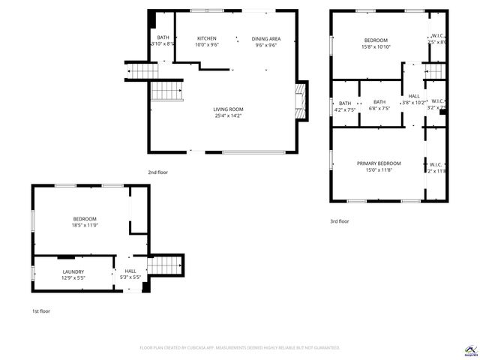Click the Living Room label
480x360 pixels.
click(228, 109)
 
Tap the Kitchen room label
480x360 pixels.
click(207, 38)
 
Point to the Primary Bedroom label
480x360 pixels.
click(379, 163)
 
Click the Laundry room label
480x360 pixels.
click(73, 271)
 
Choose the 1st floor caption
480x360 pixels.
click(40, 310)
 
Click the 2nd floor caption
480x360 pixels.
click(157, 172)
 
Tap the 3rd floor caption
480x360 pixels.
click(339, 221)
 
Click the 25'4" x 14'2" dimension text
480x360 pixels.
click(228, 115)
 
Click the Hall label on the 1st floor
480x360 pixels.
click(130, 271)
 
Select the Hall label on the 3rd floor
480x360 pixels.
click(414, 96)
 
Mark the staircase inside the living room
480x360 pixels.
click(167, 91)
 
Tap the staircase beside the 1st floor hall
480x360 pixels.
click(166, 265)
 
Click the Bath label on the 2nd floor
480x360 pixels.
click(163, 38)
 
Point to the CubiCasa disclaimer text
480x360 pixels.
click(240, 348)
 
